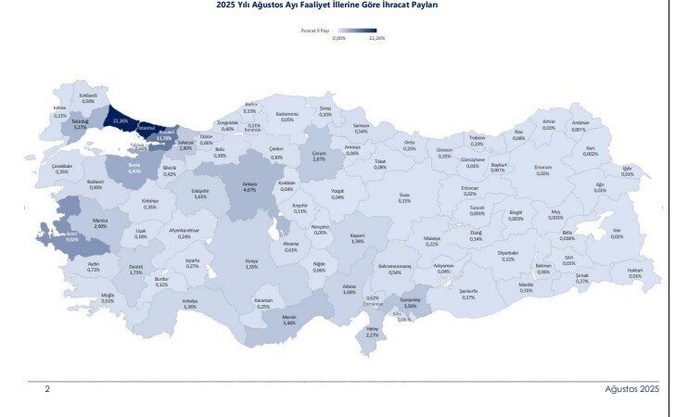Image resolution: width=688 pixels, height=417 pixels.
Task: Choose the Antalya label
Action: click(x=190, y=303)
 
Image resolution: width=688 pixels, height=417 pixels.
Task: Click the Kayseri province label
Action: click(x=357, y=238)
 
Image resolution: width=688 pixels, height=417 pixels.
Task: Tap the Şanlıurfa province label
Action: click(x=468, y=294)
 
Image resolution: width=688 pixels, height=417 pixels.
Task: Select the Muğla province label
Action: click(x=108, y=297)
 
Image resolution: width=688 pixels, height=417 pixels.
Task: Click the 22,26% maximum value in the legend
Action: click(x=376, y=39)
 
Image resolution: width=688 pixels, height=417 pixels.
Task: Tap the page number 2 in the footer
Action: click(x=47, y=389)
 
